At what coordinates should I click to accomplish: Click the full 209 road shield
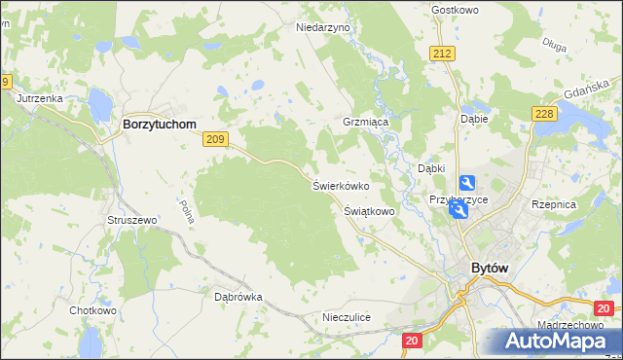pyautogui.click(x=216, y=140)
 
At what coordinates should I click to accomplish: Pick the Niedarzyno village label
pyautogui.click(x=322, y=28)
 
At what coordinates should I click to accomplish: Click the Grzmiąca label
pyautogui.click(x=366, y=124)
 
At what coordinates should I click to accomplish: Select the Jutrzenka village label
pyautogui.click(x=39, y=98)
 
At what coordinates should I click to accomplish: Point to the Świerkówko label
pyautogui.click(x=341, y=185)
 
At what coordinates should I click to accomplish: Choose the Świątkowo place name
pyautogui.click(x=369, y=210)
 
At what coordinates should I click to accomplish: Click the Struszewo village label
pyautogui.click(x=132, y=221)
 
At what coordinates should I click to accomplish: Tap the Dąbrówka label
pyautogui.click(x=238, y=297)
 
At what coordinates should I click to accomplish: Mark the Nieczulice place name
pyautogui.click(x=347, y=318)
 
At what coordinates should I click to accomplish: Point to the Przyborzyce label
pyautogui.click(x=458, y=199)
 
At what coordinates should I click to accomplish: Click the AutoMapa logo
pyautogui.click(x=553, y=341)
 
